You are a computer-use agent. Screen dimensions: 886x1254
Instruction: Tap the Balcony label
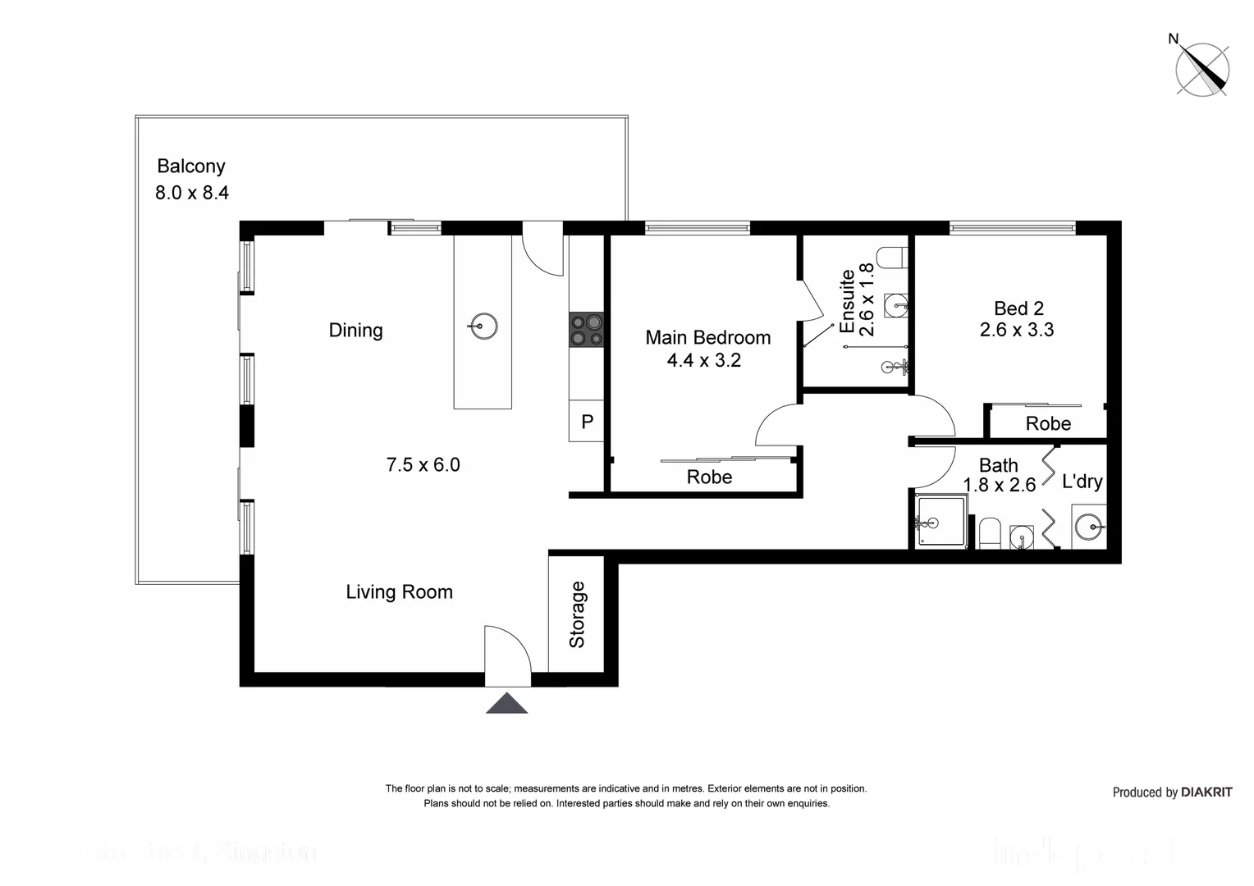[x=191, y=167]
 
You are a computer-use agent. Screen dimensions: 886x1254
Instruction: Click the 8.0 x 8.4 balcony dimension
[x=192, y=194]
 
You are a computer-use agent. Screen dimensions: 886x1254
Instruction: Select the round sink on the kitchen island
[x=483, y=326]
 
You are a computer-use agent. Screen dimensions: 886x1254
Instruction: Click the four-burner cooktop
[x=586, y=330]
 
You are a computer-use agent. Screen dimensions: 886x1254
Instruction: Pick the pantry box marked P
[x=587, y=422]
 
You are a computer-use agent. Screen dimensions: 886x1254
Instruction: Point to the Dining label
[x=355, y=331]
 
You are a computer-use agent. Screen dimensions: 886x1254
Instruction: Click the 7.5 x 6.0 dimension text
[x=423, y=465]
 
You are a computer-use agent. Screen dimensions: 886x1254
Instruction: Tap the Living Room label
[x=399, y=592]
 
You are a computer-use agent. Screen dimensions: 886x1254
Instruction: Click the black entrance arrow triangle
[x=506, y=704]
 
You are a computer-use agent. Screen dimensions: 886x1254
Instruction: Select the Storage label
[x=577, y=614]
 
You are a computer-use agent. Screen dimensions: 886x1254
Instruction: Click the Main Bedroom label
[x=707, y=338]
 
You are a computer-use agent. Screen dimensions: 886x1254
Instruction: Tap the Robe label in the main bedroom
[x=709, y=477]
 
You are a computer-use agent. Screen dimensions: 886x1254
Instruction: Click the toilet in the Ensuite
[x=892, y=258]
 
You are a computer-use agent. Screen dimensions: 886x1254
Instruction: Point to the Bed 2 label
[x=1018, y=308]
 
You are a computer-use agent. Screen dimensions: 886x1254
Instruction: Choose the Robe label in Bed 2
[x=1048, y=424]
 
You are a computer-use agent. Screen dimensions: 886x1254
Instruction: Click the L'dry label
[x=1082, y=482]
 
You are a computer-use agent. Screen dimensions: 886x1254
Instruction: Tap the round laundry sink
[x=1090, y=526]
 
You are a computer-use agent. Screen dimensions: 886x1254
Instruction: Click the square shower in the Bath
[x=940, y=522]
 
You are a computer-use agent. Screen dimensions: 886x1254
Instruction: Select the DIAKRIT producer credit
[x=1172, y=792]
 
